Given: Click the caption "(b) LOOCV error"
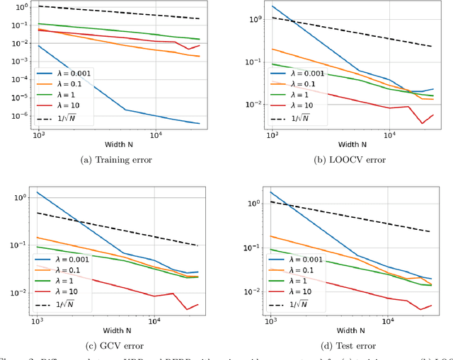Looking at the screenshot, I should click(x=350, y=160).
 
